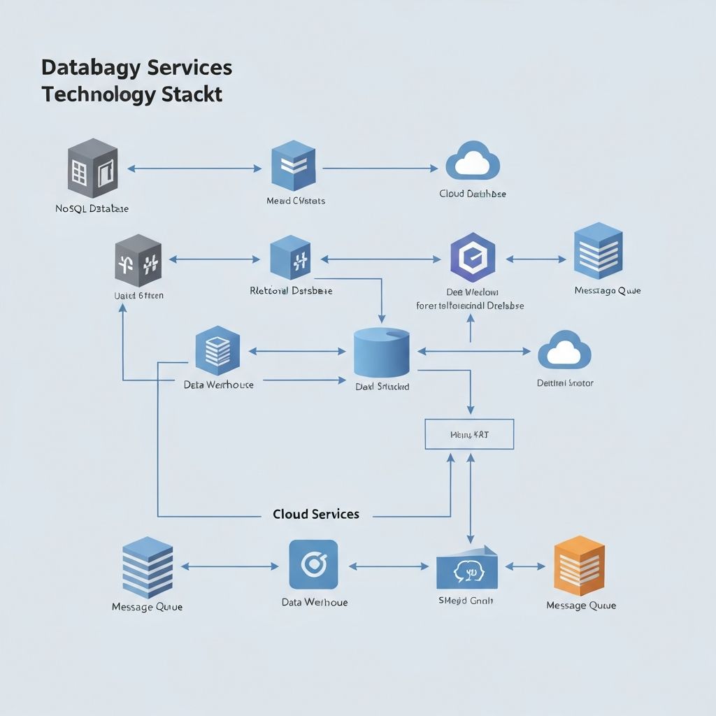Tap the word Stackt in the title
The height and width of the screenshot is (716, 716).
tap(193, 94)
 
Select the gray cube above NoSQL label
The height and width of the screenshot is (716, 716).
tap(92, 169)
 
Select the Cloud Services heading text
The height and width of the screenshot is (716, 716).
tap(316, 514)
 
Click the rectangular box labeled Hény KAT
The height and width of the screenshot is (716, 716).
tap(469, 434)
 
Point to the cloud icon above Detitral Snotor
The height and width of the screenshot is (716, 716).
tap(564, 350)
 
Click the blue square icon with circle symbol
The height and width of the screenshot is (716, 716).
tap(313, 564)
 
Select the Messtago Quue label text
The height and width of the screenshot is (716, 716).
tap(607, 290)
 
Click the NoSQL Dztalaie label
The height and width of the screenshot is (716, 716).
tap(92, 208)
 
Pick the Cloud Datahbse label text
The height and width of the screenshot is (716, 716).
tap(473, 194)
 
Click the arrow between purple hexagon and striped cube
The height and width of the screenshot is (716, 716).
tap(536, 259)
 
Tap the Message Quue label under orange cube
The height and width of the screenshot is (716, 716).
tap(581, 606)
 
